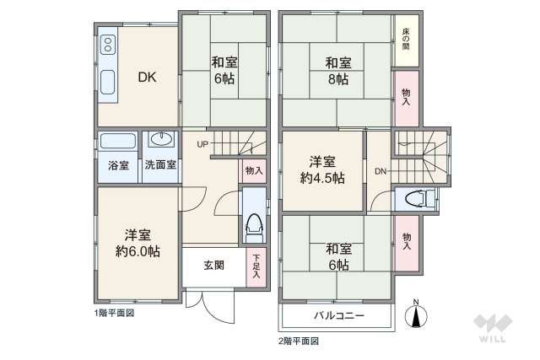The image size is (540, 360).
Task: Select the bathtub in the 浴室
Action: [118, 141]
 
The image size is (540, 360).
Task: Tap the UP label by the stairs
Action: [202, 144]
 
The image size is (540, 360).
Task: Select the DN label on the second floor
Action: [381, 172]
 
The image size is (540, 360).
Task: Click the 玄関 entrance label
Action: [213, 265]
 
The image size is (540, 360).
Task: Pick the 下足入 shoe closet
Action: [256, 267]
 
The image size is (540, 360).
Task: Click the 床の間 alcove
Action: [406, 38]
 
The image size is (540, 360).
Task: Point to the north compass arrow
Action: [415, 315]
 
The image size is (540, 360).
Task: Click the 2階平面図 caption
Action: [299, 341]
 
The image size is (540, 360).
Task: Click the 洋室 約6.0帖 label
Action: [138, 243]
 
